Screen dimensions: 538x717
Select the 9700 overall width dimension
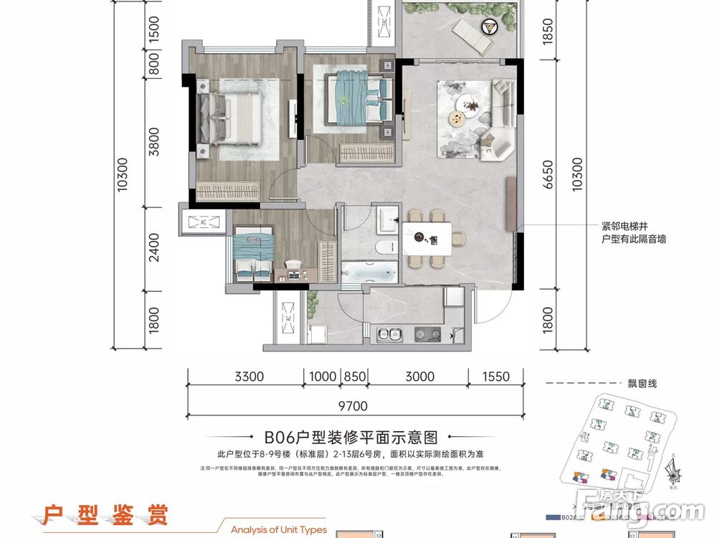pyautogui.click(x=351, y=406)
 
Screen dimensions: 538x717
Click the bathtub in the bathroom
pyautogui.click(x=369, y=273)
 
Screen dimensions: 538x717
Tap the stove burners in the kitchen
pyautogui.click(x=427, y=334)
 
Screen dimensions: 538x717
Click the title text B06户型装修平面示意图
pyautogui.click(x=351, y=437)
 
